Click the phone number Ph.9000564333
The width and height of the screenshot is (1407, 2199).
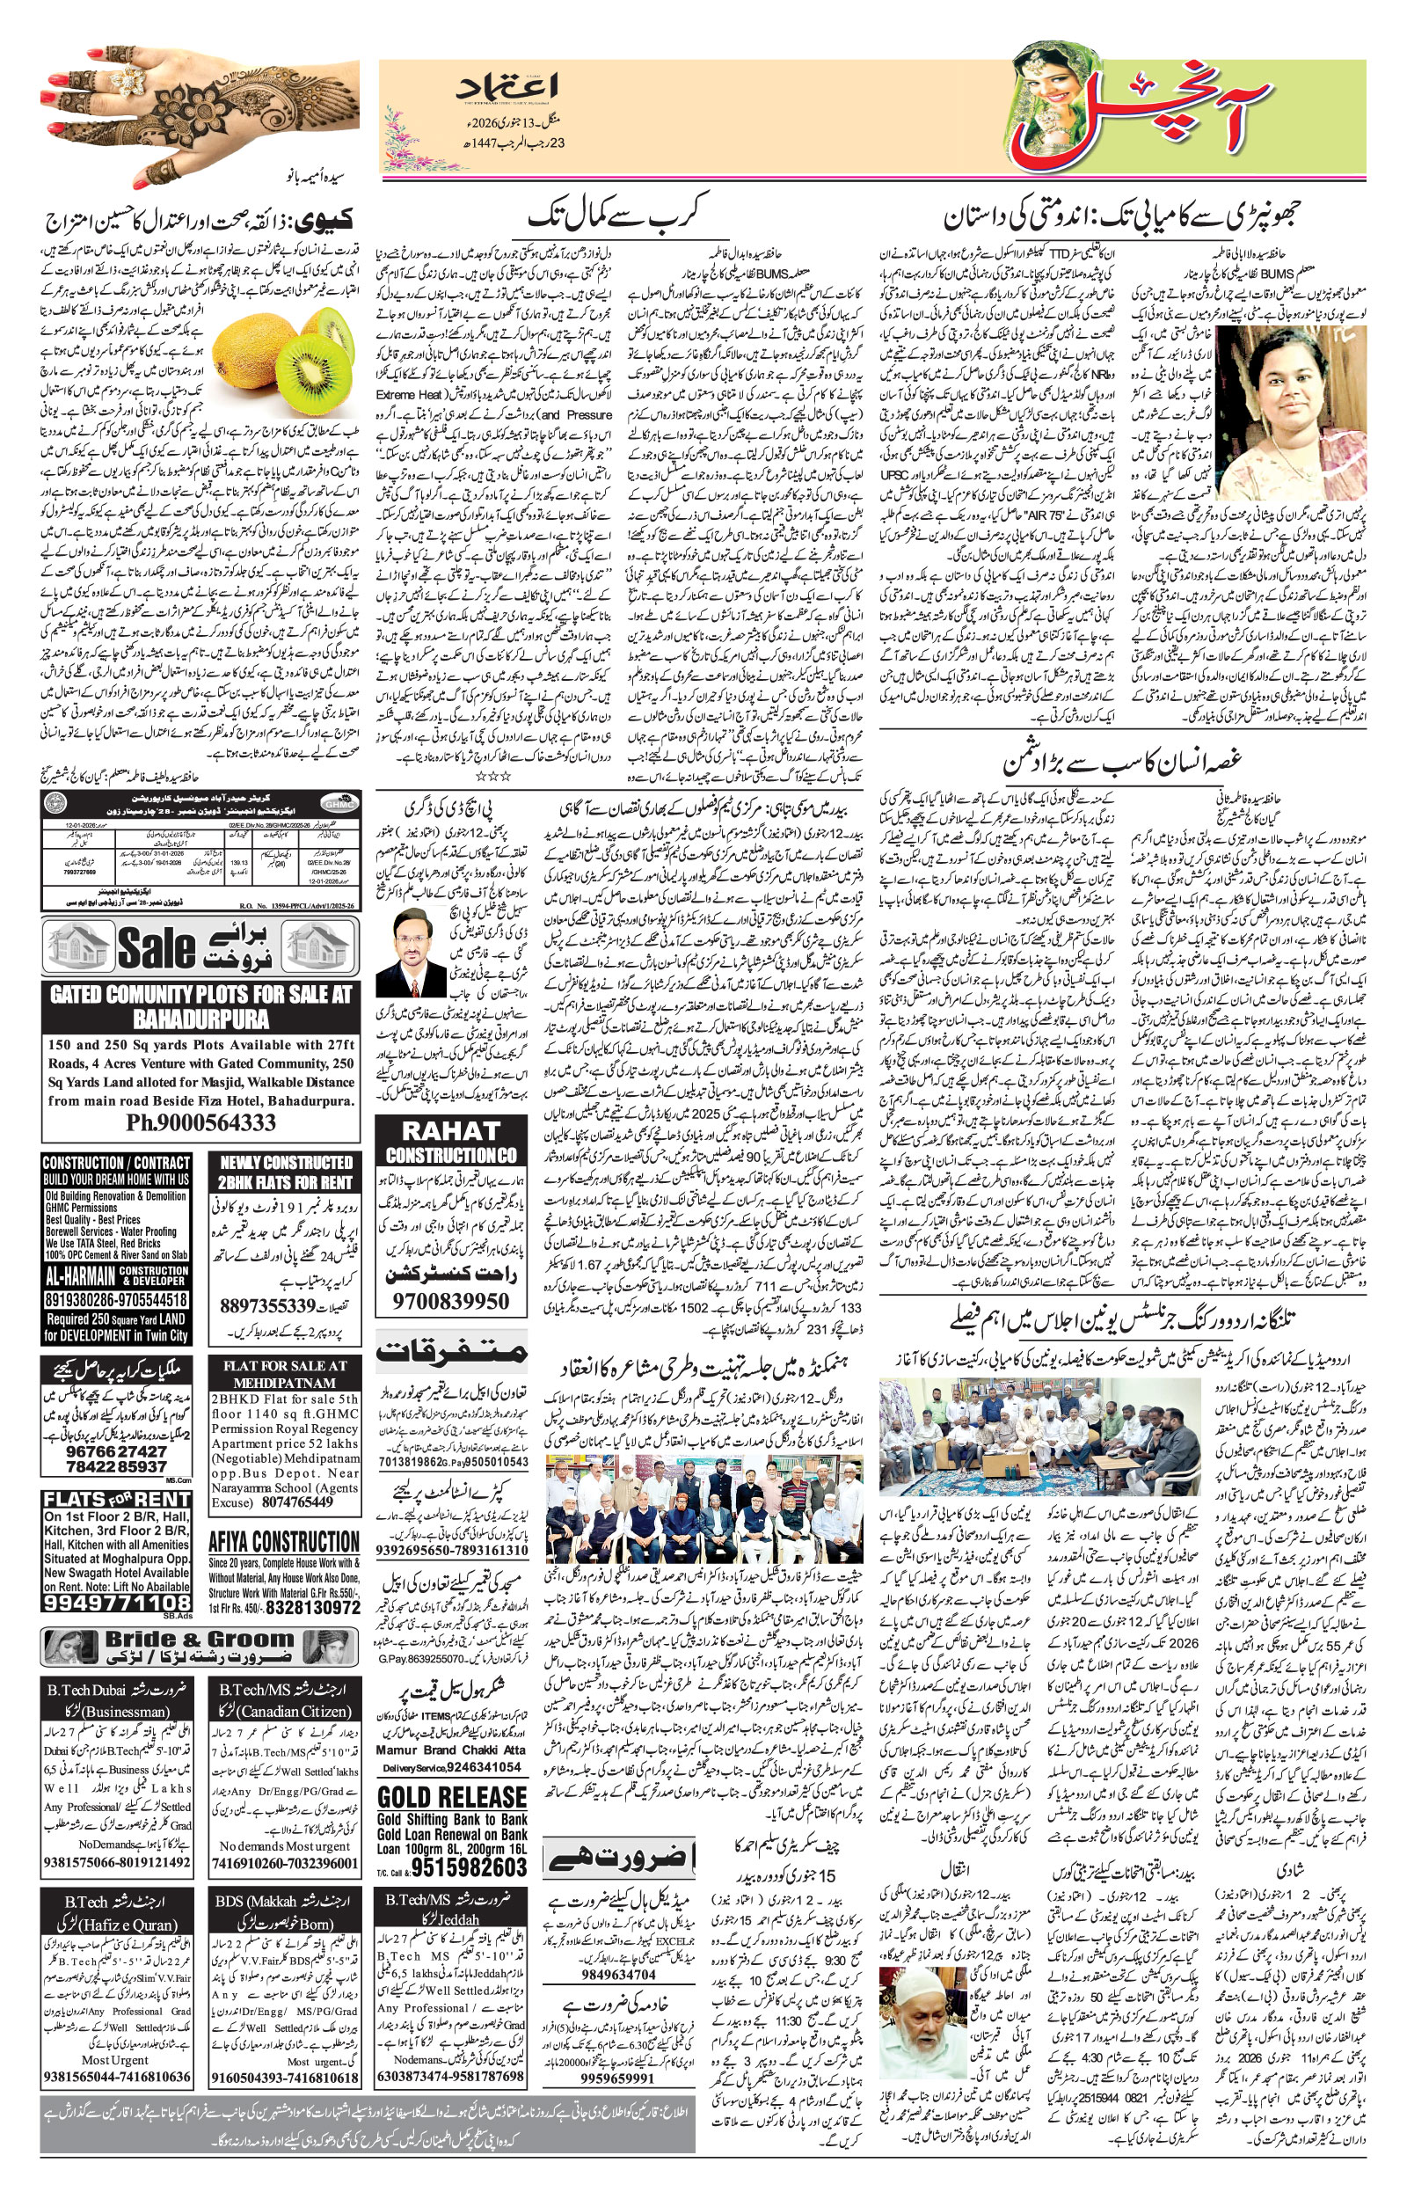(x=201, y=1122)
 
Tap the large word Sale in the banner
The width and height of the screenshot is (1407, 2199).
(x=157, y=947)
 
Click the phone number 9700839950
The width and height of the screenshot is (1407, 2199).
(x=451, y=1301)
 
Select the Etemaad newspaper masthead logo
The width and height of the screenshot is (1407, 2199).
(x=508, y=89)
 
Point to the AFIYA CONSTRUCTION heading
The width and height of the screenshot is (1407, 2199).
(x=284, y=1541)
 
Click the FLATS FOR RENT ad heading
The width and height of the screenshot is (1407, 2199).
(x=117, y=1500)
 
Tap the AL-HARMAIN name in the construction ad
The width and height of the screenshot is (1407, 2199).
(x=80, y=1276)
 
